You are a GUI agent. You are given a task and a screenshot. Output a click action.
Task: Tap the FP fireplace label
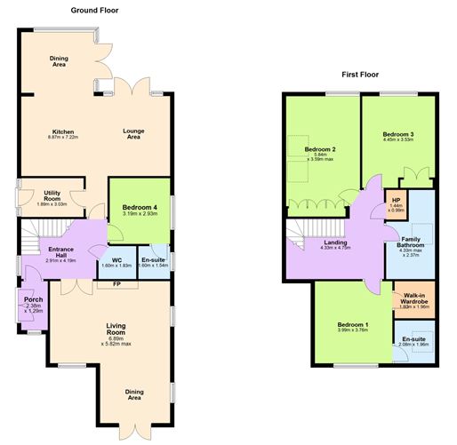116,284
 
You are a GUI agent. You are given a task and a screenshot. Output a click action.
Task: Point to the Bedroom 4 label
139,208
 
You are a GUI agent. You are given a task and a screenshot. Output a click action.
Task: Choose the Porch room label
35,299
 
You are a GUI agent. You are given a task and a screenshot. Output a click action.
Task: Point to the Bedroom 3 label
399,134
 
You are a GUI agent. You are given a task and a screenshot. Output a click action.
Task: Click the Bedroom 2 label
319,148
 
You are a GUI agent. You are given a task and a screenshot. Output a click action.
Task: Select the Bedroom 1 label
351,325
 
